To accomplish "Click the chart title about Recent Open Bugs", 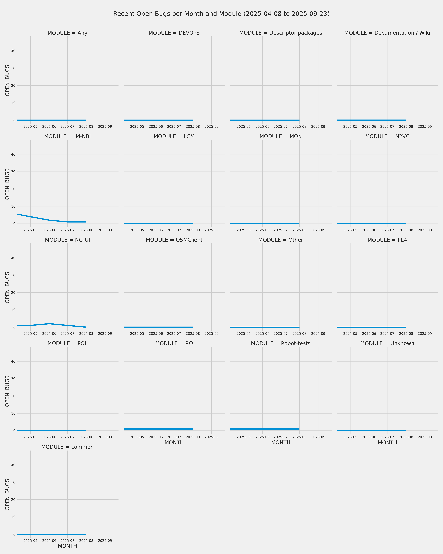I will click(221, 14).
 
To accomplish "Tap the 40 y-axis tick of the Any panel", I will click(13, 51).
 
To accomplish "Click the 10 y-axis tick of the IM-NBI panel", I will click(13, 206).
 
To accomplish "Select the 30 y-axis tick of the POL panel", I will click(13, 379).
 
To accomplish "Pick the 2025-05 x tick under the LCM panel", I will click(137, 230).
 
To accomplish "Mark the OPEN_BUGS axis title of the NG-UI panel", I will click(7, 288).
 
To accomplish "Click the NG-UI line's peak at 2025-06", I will click(49, 324).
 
